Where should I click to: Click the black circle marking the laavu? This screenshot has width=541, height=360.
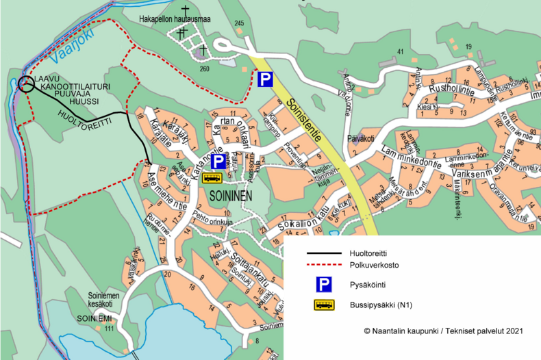click(x=25, y=84)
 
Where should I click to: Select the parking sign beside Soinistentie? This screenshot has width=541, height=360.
click(x=265, y=80)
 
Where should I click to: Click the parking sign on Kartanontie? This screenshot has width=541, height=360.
click(x=217, y=162)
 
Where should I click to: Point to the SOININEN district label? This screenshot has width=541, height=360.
click(x=226, y=196)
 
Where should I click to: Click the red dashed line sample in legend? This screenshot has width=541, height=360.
click(x=324, y=264)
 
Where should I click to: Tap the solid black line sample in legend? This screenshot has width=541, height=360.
click(x=324, y=251)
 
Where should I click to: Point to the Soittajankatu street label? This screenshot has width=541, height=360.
click(x=239, y=268)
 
